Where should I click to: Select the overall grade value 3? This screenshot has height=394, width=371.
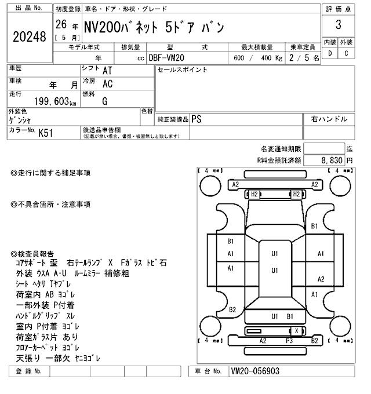tap(337, 25)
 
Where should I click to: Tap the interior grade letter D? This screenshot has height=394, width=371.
tap(330, 54)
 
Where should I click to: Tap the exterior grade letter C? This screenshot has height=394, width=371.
tap(346, 54)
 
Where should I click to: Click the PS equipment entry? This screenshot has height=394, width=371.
tap(197, 119)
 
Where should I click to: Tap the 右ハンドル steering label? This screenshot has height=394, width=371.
tap(329, 119)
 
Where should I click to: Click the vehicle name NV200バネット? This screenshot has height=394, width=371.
tap(124, 27)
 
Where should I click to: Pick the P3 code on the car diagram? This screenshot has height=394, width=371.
tap(289, 341)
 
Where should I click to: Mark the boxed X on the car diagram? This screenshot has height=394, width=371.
tap(297, 331)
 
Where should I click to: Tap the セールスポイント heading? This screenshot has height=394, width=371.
tap(183, 70)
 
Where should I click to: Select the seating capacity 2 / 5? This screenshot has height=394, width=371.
tap(307, 58)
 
